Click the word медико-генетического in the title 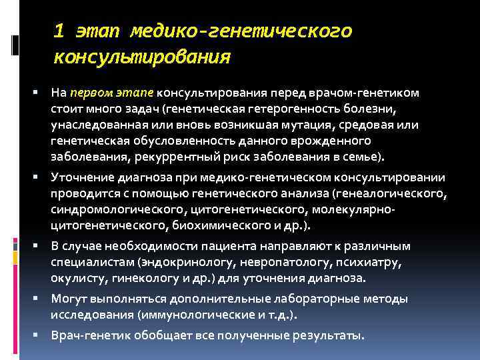[x=241, y=31]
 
